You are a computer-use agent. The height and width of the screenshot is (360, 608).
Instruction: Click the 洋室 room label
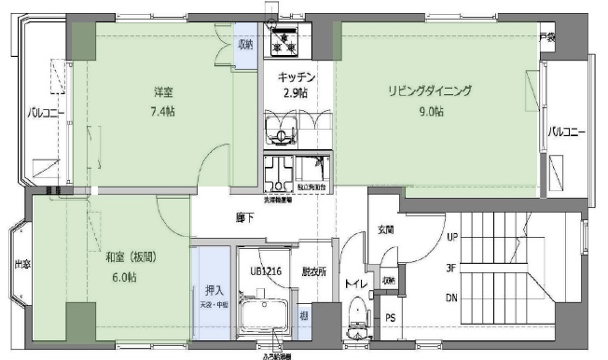165,91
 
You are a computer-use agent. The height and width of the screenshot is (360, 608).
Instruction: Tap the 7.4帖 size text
165,111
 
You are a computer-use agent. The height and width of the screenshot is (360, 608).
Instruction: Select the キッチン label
297,77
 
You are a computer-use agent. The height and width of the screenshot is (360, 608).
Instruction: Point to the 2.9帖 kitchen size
297,93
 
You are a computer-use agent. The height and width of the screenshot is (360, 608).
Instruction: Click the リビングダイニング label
431,91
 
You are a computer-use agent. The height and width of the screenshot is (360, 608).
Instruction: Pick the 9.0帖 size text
430,111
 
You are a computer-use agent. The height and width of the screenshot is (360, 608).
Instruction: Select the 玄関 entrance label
386,229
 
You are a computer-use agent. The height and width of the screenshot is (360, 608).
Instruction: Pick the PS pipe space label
391,317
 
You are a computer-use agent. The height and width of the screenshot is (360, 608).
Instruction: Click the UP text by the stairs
452,237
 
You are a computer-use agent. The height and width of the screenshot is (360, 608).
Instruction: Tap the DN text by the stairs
452,298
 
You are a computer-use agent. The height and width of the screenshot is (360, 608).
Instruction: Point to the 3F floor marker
452,268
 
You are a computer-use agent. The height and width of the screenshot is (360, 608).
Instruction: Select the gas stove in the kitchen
282,40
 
